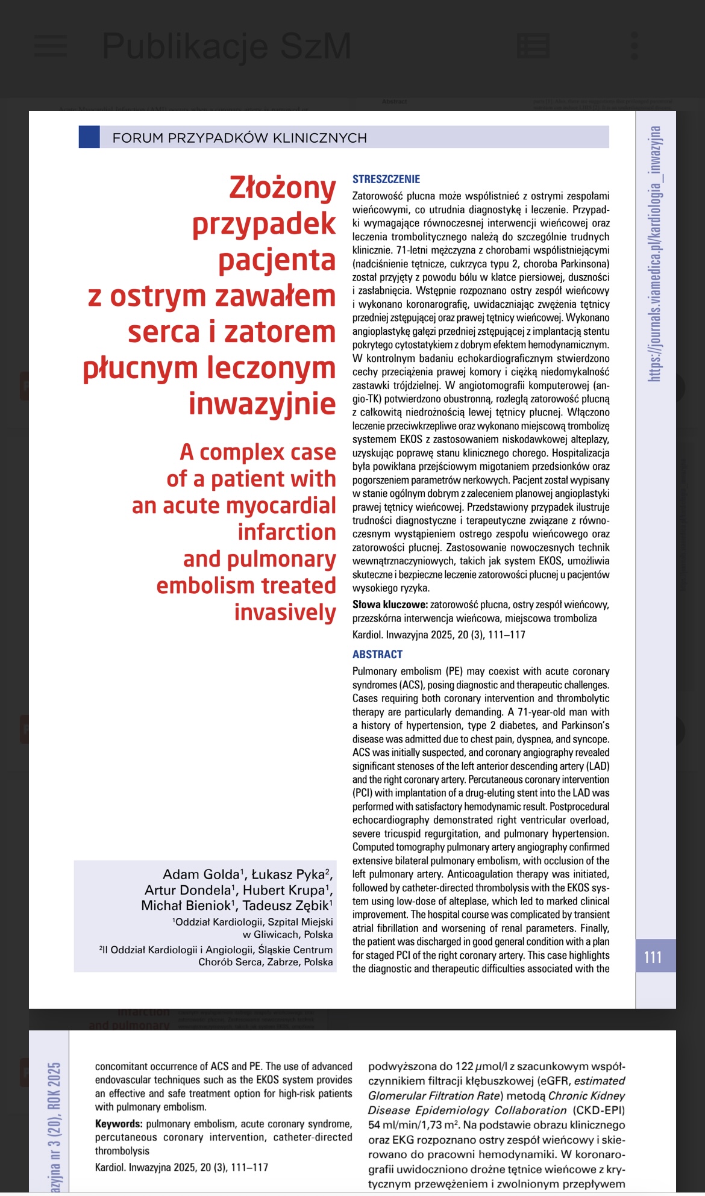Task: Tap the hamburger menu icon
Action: point(51,46)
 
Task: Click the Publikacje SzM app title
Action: point(227,46)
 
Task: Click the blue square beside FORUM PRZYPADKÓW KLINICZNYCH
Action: point(89,137)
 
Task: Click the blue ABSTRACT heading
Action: point(377,654)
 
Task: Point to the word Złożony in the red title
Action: point(282,188)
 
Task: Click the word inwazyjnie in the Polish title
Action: point(262,403)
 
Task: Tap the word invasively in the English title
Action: point(285,612)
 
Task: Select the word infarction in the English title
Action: point(287,532)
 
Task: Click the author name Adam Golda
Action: point(202,874)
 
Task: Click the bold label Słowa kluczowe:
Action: point(390,605)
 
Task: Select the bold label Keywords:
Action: point(119,1124)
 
